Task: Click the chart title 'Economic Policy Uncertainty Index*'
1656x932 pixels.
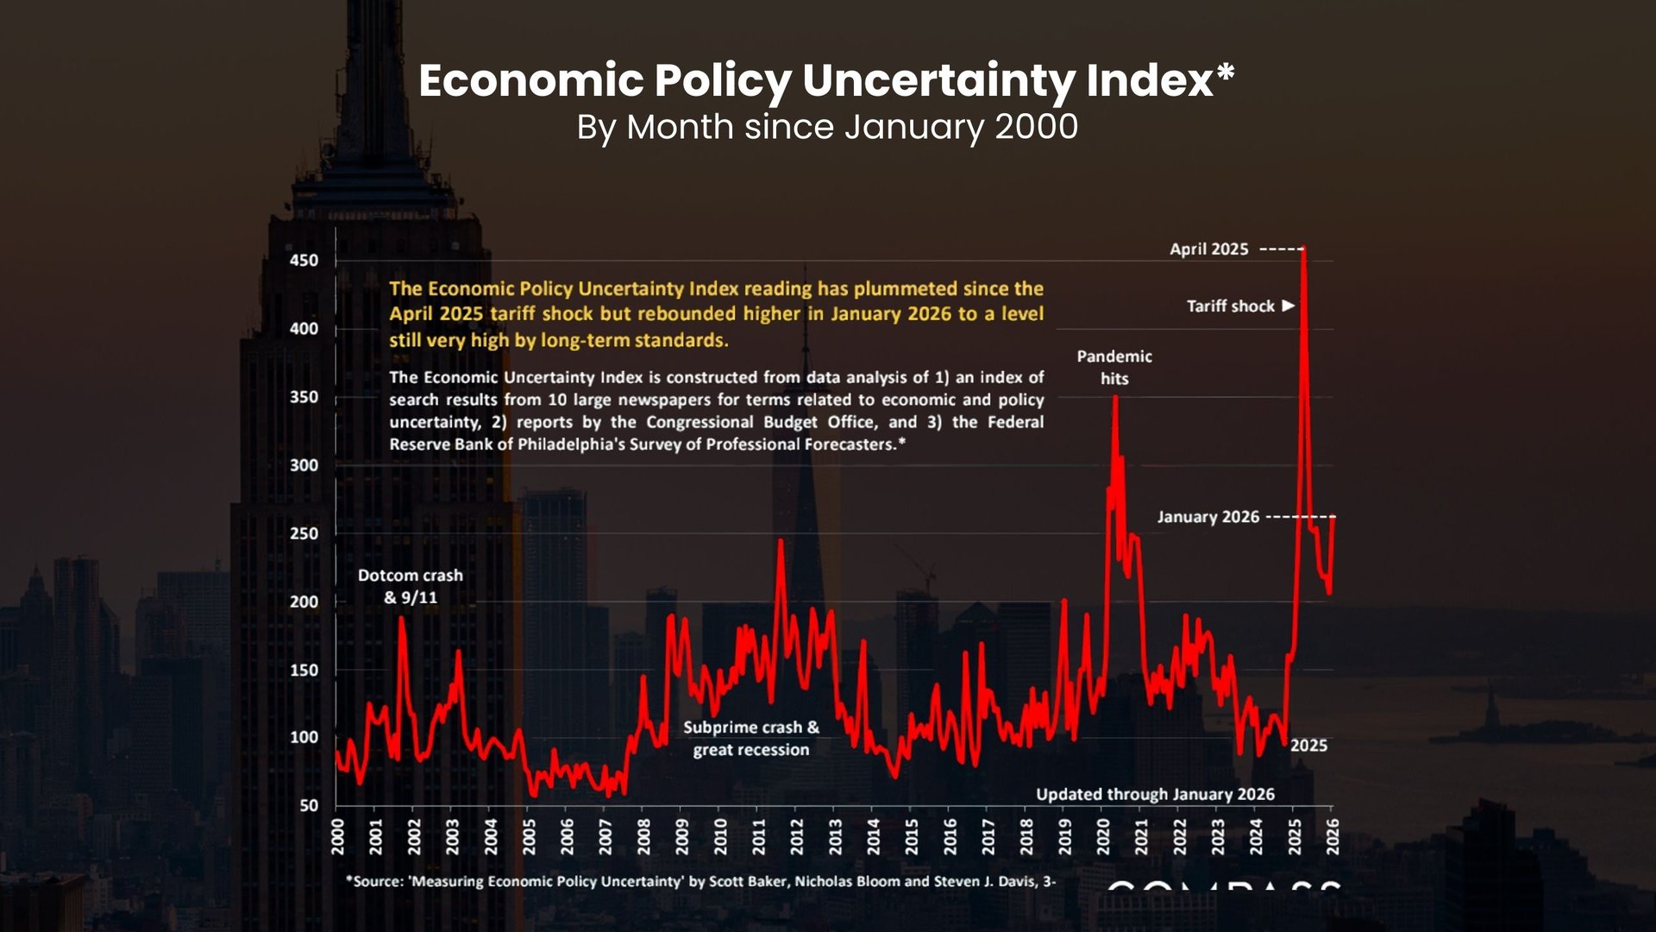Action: click(x=826, y=81)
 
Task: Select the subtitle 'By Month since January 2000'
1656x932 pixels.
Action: click(x=826, y=127)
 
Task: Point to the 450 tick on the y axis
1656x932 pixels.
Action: click(x=304, y=261)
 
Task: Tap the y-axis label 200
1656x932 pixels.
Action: click(x=304, y=601)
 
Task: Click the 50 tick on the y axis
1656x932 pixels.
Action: click(x=309, y=806)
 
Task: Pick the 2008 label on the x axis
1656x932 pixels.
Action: click(x=643, y=837)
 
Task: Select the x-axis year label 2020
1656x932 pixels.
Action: click(x=1103, y=837)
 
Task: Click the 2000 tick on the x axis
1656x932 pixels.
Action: click(x=337, y=837)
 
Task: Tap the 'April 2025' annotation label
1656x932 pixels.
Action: click(x=1208, y=249)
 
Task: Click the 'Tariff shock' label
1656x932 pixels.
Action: click(x=1230, y=306)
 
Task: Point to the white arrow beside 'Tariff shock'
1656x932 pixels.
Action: click(x=1289, y=305)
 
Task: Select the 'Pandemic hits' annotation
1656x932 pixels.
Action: click(x=1114, y=367)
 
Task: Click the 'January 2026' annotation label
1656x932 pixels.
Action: click(x=1207, y=517)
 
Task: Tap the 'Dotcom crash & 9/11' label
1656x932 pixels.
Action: click(x=411, y=586)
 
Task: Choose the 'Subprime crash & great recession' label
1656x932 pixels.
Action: click(x=751, y=739)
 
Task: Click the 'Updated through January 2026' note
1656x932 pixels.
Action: click(x=1155, y=795)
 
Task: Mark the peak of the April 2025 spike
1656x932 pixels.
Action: click(x=1303, y=249)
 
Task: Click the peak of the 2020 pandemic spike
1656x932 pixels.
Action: click(x=1115, y=398)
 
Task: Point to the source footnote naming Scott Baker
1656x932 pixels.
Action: click(x=700, y=881)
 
